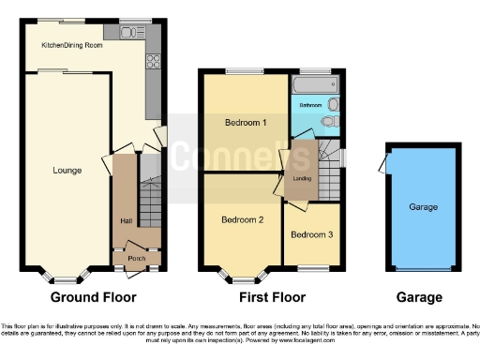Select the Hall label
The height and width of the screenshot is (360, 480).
coord(125,221)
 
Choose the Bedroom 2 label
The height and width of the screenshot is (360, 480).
coord(241,220)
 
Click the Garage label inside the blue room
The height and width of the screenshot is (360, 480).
coord(423,206)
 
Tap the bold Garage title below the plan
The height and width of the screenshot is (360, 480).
coord(418,297)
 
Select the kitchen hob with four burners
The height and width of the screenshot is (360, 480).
coord(153,65)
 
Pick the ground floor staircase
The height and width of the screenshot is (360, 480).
coord(150,202)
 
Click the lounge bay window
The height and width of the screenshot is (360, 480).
coord(65,276)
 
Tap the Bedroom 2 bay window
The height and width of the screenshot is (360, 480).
coord(241,276)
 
